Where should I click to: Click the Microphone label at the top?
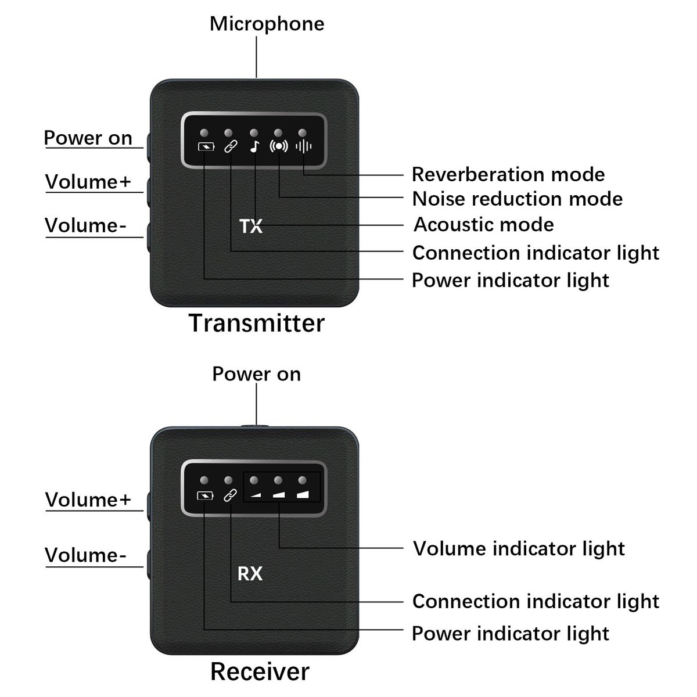267,24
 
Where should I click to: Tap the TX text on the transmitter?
251,226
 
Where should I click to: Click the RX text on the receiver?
250,574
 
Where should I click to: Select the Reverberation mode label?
508,174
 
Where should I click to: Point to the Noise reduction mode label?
517,199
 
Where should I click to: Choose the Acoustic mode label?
483,225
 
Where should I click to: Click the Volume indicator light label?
519,549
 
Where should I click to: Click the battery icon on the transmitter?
205,146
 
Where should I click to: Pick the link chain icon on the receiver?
231,495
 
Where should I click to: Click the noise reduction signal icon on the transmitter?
279,146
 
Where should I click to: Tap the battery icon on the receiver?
205,495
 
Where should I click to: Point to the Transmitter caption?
257,323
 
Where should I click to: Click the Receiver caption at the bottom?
260,671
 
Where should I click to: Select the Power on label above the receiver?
256,374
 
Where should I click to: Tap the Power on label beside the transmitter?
88,138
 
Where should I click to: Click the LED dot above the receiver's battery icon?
204,480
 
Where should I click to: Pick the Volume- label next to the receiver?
85,555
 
